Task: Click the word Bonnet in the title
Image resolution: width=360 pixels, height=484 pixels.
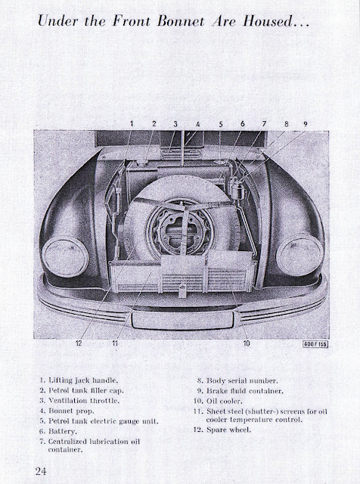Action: click(181, 21)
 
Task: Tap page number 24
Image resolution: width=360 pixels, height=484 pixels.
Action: click(41, 471)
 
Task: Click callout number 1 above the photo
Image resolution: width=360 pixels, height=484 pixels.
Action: click(132, 124)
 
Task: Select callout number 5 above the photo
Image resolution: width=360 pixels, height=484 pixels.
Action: click(221, 124)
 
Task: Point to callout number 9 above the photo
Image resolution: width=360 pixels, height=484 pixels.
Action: click(305, 124)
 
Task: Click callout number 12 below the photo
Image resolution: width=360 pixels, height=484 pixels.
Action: click(79, 343)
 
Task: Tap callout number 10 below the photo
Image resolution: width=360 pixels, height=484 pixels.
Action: click(247, 343)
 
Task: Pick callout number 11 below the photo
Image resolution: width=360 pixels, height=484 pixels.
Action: click(115, 343)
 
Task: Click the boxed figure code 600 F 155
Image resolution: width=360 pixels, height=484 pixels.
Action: click(315, 344)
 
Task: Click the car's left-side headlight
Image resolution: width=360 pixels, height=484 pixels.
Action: click(66, 256)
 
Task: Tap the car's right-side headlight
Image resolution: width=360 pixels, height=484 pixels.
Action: click(299, 255)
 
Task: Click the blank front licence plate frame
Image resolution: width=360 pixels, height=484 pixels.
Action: click(183, 320)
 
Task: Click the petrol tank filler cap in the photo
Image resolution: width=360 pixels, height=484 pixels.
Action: click(142, 161)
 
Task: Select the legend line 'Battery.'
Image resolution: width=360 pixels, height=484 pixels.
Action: click(58, 431)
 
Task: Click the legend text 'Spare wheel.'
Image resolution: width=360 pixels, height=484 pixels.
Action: click(222, 430)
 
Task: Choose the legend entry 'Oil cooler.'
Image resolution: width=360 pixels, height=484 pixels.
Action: click(218, 402)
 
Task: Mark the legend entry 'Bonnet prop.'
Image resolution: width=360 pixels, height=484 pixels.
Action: click(67, 411)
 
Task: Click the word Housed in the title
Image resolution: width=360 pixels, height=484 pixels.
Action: click(268, 21)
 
